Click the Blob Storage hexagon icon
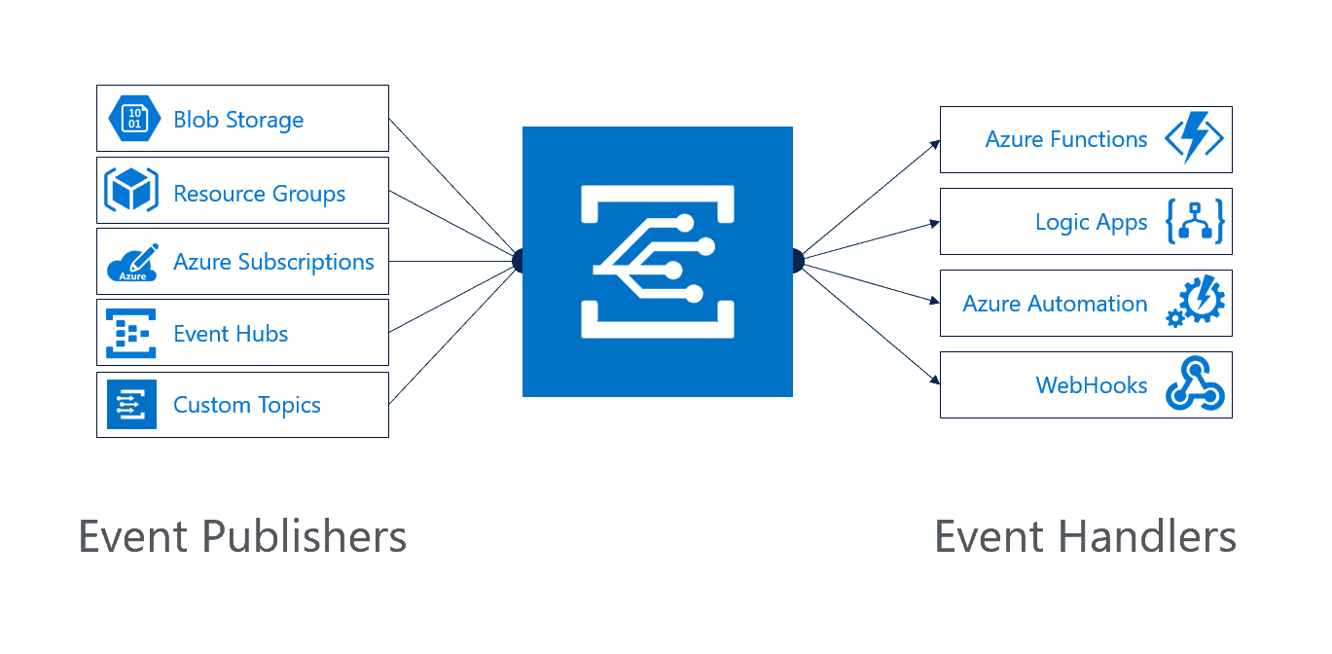132,119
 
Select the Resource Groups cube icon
131,191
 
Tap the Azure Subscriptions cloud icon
131,262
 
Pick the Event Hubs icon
131,334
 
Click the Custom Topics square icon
131,405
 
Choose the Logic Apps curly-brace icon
1194,222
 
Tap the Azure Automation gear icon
1196,304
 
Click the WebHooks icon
1196,385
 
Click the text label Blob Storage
238,120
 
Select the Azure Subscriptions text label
273,262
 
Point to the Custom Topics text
247,405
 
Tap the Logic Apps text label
1091,223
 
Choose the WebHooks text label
1091,385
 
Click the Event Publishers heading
242,537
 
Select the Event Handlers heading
1085,537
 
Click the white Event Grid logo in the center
658,262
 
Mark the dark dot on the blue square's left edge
519,261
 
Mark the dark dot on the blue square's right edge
797,261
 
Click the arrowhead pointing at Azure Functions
936,143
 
